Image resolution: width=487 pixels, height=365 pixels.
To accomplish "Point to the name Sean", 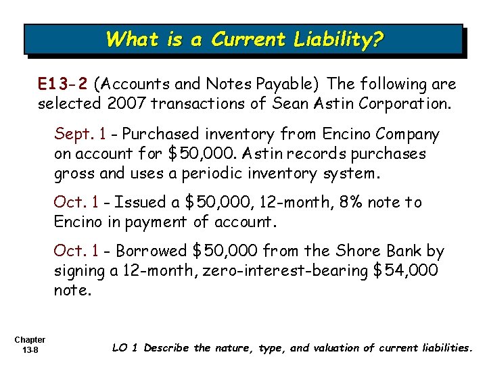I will (288, 104).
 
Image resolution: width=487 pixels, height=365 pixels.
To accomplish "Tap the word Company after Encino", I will (404, 135).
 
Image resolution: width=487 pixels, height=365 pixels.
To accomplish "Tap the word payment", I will (156, 221).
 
